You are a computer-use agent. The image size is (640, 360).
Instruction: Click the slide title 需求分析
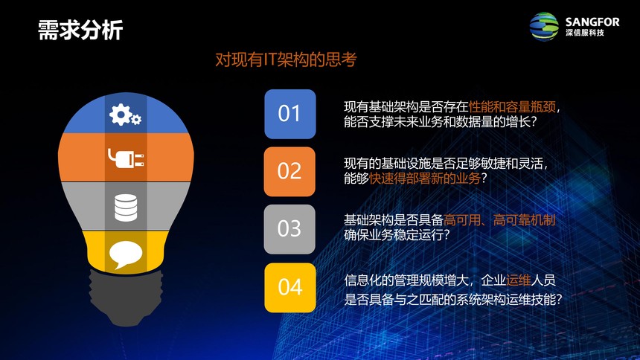tap(80, 30)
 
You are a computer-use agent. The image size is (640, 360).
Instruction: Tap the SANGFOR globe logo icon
tap(544, 27)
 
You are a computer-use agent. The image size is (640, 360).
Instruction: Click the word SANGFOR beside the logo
tap(592, 22)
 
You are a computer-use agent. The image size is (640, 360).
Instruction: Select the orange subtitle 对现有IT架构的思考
tap(286, 60)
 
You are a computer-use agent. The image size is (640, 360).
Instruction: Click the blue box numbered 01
tap(289, 114)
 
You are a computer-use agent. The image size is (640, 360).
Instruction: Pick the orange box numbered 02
tap(289, 171)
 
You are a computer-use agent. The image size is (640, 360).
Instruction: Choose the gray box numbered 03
tap(289, 229)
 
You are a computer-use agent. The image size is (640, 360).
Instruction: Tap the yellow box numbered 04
tap(289, 287)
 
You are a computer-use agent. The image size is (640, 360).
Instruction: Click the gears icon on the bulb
tap(125, 115)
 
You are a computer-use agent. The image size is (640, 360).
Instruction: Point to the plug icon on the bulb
tap(126, 158)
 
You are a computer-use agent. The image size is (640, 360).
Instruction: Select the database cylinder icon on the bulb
tap(126, 208)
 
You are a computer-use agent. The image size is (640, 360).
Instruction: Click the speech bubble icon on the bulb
tap(126, 254)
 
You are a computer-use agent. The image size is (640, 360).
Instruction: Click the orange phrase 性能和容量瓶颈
tap(512, 107)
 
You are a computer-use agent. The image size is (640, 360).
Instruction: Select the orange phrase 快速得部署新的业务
tap(425, 179)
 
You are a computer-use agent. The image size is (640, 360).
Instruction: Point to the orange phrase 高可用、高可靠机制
tap(499, 220)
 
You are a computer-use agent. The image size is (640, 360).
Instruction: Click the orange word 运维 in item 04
tap(519, 280)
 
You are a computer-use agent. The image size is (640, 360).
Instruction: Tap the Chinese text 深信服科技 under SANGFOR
tap(585, 33)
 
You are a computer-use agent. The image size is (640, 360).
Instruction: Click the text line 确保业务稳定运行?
tap(397, 235)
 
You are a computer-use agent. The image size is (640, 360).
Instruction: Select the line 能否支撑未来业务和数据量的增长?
tap(440, 122)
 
